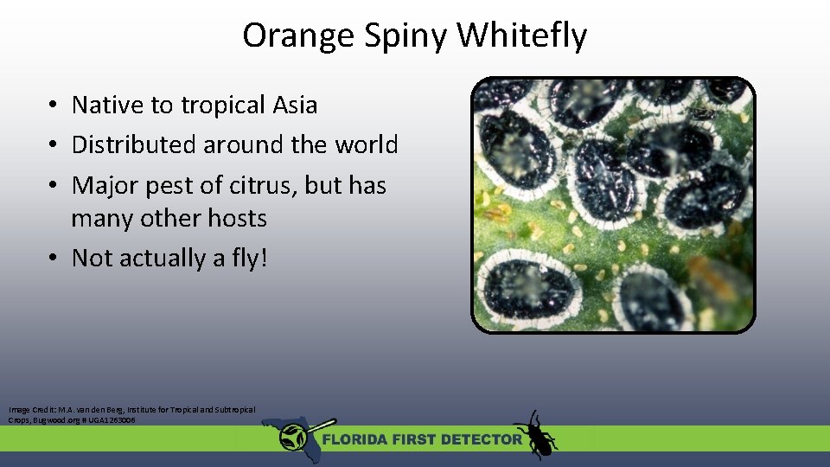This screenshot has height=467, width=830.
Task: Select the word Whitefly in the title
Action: [x=522, y=36]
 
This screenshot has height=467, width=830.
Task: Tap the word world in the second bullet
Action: [x=367, y=144]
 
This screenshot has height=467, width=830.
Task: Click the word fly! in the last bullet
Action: [x=246, y=258]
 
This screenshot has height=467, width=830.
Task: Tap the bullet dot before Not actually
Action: [x=54, y=258]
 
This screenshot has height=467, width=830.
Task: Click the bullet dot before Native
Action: [x=54, y=106]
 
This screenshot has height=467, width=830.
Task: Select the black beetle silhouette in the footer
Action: [x=536, y=434]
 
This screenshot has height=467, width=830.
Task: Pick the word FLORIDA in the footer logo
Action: [x=357, y=439]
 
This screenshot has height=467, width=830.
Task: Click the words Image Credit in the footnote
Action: [x=27, y=409]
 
